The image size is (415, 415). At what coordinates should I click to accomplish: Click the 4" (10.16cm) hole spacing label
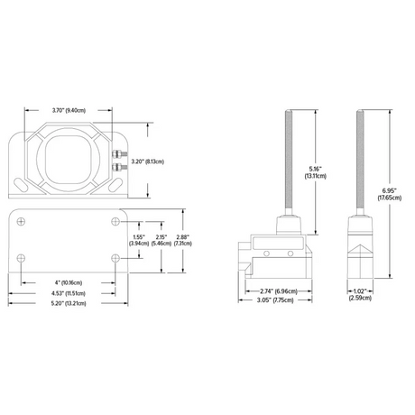[68, 282]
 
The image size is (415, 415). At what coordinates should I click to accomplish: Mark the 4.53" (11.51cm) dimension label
[68, 293]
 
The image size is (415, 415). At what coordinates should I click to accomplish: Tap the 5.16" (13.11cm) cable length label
[315, 171]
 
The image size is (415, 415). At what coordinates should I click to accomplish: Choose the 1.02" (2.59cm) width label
[358, 295]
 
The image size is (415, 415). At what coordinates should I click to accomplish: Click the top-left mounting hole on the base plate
[23, 222]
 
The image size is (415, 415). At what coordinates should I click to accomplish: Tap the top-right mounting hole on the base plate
[114, 222]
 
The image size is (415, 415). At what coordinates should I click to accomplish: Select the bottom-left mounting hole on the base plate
[23, 259]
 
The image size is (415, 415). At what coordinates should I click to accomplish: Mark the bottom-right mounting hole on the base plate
[114, 259]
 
